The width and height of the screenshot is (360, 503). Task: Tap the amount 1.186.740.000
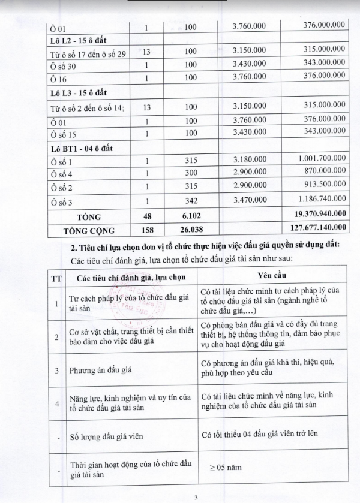(320, 200)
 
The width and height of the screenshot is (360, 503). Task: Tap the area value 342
(191, 200)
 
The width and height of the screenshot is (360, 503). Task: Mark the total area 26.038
(191, 228)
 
